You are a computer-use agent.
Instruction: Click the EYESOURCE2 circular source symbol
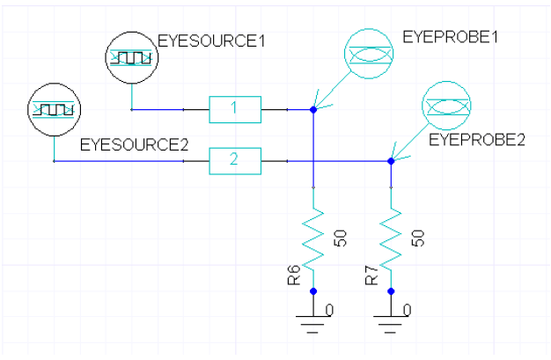54,110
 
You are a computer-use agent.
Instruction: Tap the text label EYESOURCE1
210,40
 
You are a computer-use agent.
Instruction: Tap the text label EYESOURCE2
135,144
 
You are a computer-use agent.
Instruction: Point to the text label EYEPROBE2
476,139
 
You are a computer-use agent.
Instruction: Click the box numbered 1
235,109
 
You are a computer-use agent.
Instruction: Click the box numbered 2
235,161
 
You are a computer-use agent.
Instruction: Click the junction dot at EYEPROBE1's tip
313,110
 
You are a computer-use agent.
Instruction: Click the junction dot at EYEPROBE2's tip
391,161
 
